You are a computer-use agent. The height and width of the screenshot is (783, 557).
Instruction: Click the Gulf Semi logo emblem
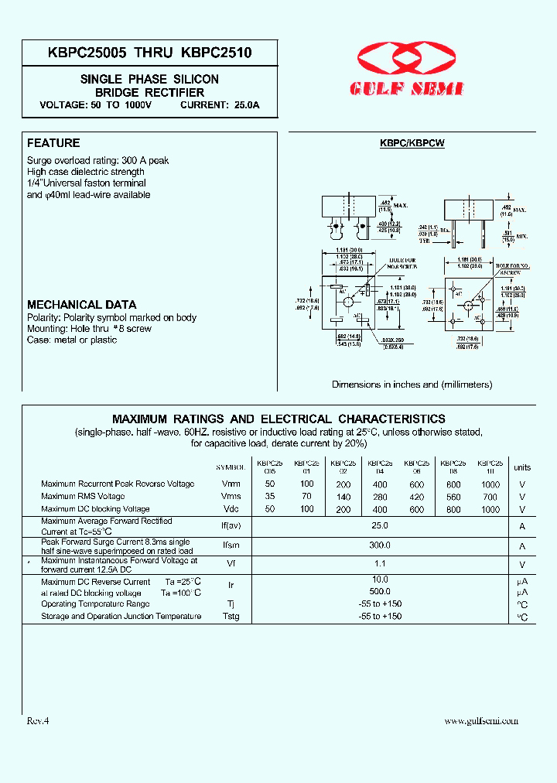coord(409,59)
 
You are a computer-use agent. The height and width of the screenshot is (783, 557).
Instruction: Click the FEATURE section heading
coord(53,143)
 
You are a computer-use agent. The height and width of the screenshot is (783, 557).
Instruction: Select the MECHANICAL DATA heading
coord(81,305)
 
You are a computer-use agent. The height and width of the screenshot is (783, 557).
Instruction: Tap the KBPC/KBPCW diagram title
coord(412,143)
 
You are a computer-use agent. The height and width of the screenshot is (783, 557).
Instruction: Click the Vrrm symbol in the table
coord(231,484)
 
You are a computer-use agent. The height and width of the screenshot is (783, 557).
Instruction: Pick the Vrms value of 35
coord(270,497)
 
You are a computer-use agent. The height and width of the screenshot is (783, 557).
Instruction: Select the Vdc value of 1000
coord(490,510)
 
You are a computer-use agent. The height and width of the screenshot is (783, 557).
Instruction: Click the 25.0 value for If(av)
coord(380,525)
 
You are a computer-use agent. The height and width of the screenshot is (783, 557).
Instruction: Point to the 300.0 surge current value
coord(380,545)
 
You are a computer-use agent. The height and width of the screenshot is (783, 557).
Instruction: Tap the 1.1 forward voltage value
coord(380,565)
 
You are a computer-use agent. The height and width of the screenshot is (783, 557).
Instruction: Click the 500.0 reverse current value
coord(380,592)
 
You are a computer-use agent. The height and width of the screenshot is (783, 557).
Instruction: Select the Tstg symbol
coord(231,617)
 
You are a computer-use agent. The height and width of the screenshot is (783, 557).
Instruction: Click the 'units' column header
coord(522,467)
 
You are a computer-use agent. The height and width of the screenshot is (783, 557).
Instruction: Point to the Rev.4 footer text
coord(38,720)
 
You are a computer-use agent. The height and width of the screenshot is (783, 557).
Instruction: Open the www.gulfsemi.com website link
coord(481,721)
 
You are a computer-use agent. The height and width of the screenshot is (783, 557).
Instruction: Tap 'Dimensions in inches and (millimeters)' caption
coord(412,385)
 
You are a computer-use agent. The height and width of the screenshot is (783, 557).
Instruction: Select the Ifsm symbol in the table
coord(231,545)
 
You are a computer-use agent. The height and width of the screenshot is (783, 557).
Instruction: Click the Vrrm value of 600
coord(417,484)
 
